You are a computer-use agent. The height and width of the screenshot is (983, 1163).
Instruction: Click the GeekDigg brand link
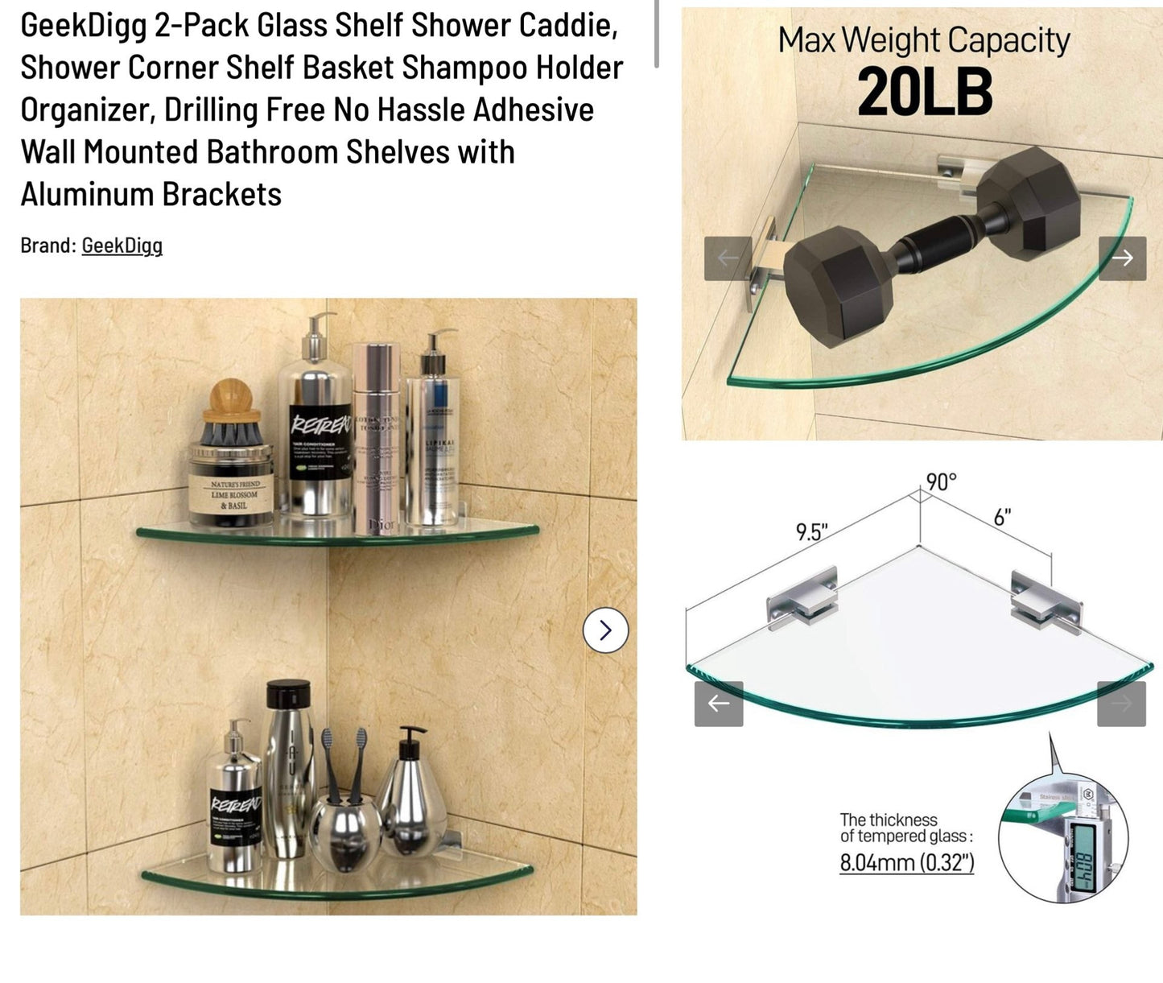pos(122,246)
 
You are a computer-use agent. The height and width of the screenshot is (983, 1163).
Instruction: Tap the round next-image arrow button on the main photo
pos(605,630)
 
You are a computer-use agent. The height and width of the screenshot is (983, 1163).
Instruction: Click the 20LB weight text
pos(924,93)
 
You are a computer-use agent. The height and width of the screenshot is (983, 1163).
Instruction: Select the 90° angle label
pos(940,482)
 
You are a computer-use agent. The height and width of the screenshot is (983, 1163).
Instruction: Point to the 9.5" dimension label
pos(810,532)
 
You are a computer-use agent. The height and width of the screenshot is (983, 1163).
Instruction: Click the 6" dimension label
pos(1001,518)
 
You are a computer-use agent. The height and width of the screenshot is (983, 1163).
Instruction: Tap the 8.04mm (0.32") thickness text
pos(906,863)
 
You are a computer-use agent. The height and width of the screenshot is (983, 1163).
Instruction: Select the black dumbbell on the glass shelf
pos(926,250)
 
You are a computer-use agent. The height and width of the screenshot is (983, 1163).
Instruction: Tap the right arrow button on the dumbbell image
pos(1122,258)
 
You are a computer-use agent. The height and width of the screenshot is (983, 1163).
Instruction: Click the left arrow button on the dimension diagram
pos(718,704)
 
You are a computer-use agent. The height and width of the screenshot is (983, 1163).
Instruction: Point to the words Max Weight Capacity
pos(923,40)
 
